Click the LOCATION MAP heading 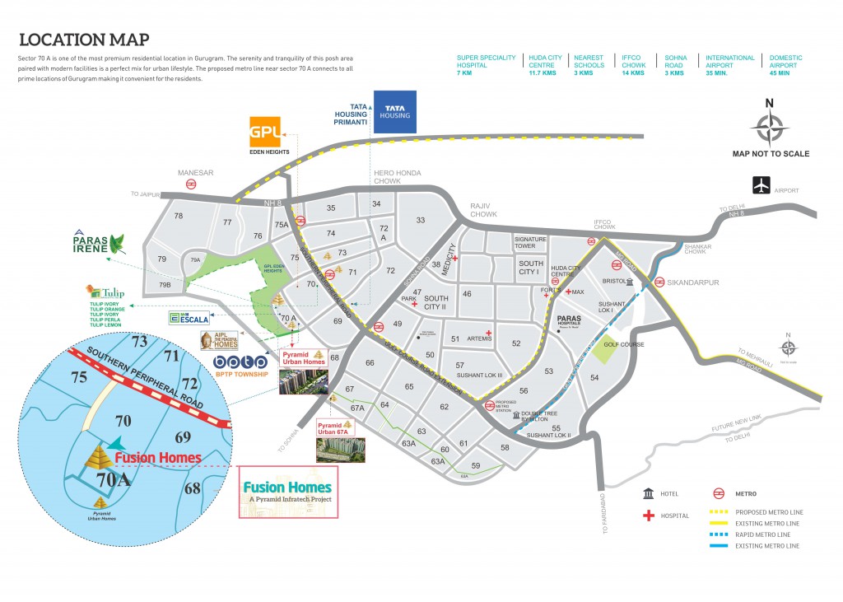84,40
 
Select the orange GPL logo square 267,132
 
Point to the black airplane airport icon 761,185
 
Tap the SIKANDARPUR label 697,282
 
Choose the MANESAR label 195,173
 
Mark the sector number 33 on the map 420,220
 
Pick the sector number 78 178,216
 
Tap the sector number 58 505,447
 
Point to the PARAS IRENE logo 98,242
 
